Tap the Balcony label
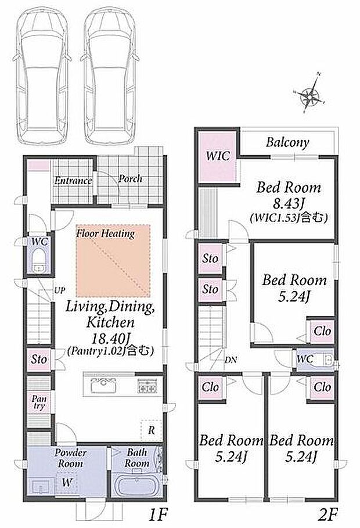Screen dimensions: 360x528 coord(287,142)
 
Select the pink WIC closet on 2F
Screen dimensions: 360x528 coord(218,157)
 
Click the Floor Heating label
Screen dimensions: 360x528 coord(106,234)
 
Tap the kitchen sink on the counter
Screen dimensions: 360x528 coord(103,385)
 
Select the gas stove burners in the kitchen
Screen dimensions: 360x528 coord(147,386)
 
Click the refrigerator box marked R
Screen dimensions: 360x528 coord(151,430)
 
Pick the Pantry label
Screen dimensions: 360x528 coord(39,403)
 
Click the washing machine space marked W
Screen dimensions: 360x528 coord(66,483)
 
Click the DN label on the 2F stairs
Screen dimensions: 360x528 coord(231,360)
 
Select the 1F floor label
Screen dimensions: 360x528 coord(157,514)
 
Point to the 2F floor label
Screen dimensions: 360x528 coord(327,514)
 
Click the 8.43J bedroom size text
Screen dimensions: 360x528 coord(289,203)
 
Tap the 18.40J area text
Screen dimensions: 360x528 coord(110,337)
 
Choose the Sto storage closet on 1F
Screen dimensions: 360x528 coord(39,360)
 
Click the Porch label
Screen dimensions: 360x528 coord(130,179)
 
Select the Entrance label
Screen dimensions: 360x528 coord(73,181)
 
